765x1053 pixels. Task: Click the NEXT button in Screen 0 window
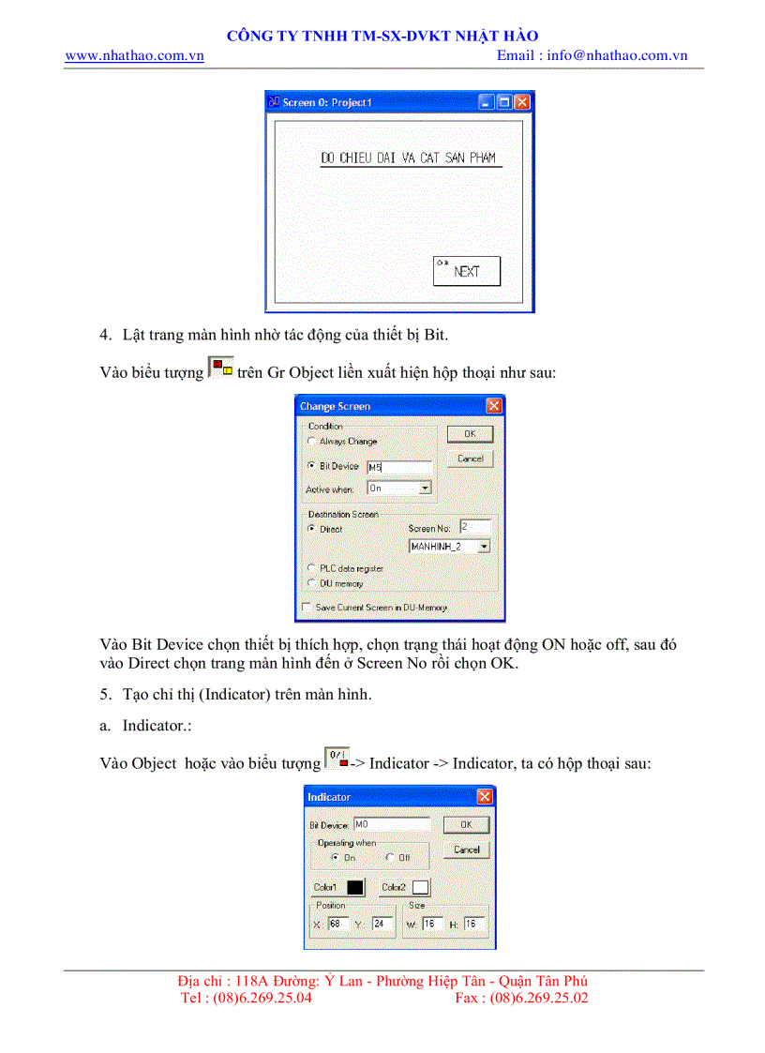(x=466, y=271)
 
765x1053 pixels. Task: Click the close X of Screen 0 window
(x=522, y=102)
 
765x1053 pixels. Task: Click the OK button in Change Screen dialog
(x=470, y=434)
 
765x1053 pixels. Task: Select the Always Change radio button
(x=312, y=441)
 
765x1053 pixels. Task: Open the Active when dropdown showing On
(x=425, y=489)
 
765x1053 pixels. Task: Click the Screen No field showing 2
(x=474, y=528)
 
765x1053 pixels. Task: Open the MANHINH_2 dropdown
(x=484, y=546)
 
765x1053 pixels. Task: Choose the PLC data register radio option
(x=312, y=568)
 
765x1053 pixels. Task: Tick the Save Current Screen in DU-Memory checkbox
(x=306, y=608)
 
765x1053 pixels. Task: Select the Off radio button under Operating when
(x=390, y=857)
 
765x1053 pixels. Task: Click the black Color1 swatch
(x=355, y=887)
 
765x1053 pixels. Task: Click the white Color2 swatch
(x=420, y=887)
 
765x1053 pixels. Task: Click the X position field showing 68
(x=337, y=924)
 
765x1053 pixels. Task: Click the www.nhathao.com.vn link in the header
(x=134, y=55)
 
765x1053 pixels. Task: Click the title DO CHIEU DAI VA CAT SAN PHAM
(x=408, y=158)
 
